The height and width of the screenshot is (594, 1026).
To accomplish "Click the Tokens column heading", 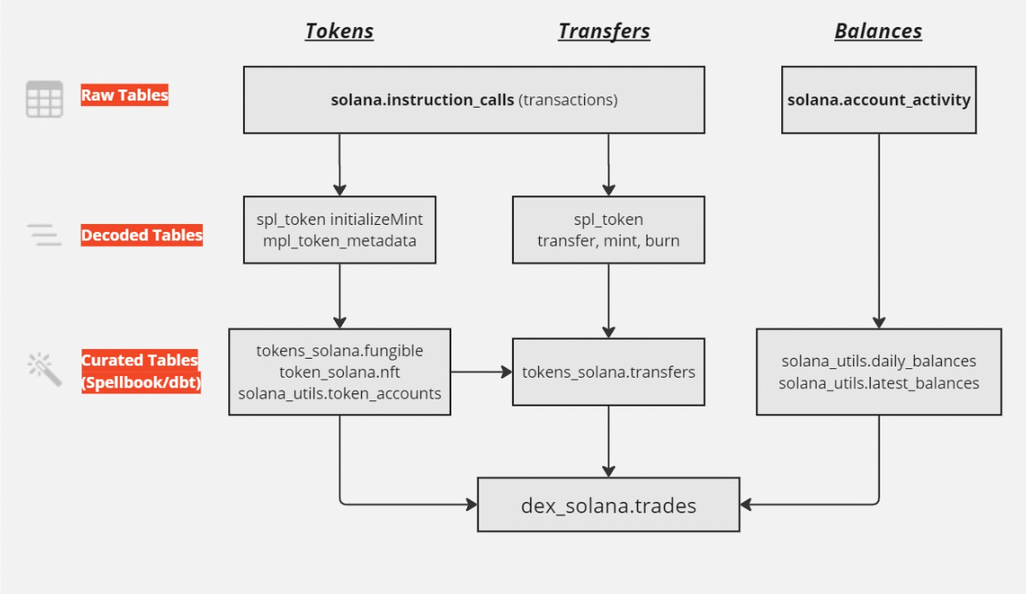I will tap(339, 31).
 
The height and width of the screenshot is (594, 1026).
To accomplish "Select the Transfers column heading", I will tap(604, 31).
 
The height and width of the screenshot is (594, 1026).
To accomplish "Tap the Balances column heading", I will tap(878, 31).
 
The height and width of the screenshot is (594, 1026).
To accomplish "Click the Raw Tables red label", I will tap(124, 96).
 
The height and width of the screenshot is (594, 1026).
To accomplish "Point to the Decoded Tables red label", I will tap(141, 235).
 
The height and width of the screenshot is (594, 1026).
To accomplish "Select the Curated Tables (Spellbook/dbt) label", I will tap(140, 371).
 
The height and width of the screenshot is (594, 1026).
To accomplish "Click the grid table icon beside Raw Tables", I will tap(44, 99).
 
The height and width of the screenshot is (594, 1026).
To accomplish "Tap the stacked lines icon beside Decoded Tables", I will tap(44, 234).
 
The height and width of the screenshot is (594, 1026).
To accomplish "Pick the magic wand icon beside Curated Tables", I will tap(44, 369).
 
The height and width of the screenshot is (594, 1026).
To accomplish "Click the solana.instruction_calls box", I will tap(474, 100).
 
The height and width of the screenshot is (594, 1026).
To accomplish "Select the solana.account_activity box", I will tap(878, 100).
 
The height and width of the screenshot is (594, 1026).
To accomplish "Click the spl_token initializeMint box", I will tap(339, 230).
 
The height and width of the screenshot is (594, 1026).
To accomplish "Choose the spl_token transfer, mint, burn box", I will tap(608, 230).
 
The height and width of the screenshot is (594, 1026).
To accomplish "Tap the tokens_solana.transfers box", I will tap(608, 373).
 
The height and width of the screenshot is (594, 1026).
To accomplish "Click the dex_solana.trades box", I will tap(608, 505).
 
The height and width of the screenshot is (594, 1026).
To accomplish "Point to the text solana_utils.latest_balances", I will tap(878, 383).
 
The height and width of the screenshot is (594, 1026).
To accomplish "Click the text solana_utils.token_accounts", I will tap(339, 393).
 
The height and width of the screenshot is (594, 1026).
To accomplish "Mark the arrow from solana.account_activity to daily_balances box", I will tap(878, 230).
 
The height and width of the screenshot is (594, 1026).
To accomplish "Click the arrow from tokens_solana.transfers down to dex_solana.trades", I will tap(608, 441).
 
